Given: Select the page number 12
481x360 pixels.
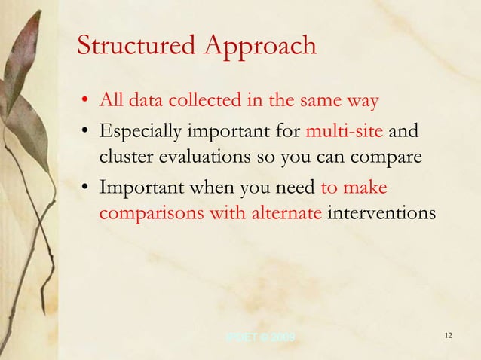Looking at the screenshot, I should (448, 335).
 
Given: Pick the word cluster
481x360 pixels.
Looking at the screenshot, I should (123, 159).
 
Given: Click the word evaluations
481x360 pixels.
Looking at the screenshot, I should (198, 159).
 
